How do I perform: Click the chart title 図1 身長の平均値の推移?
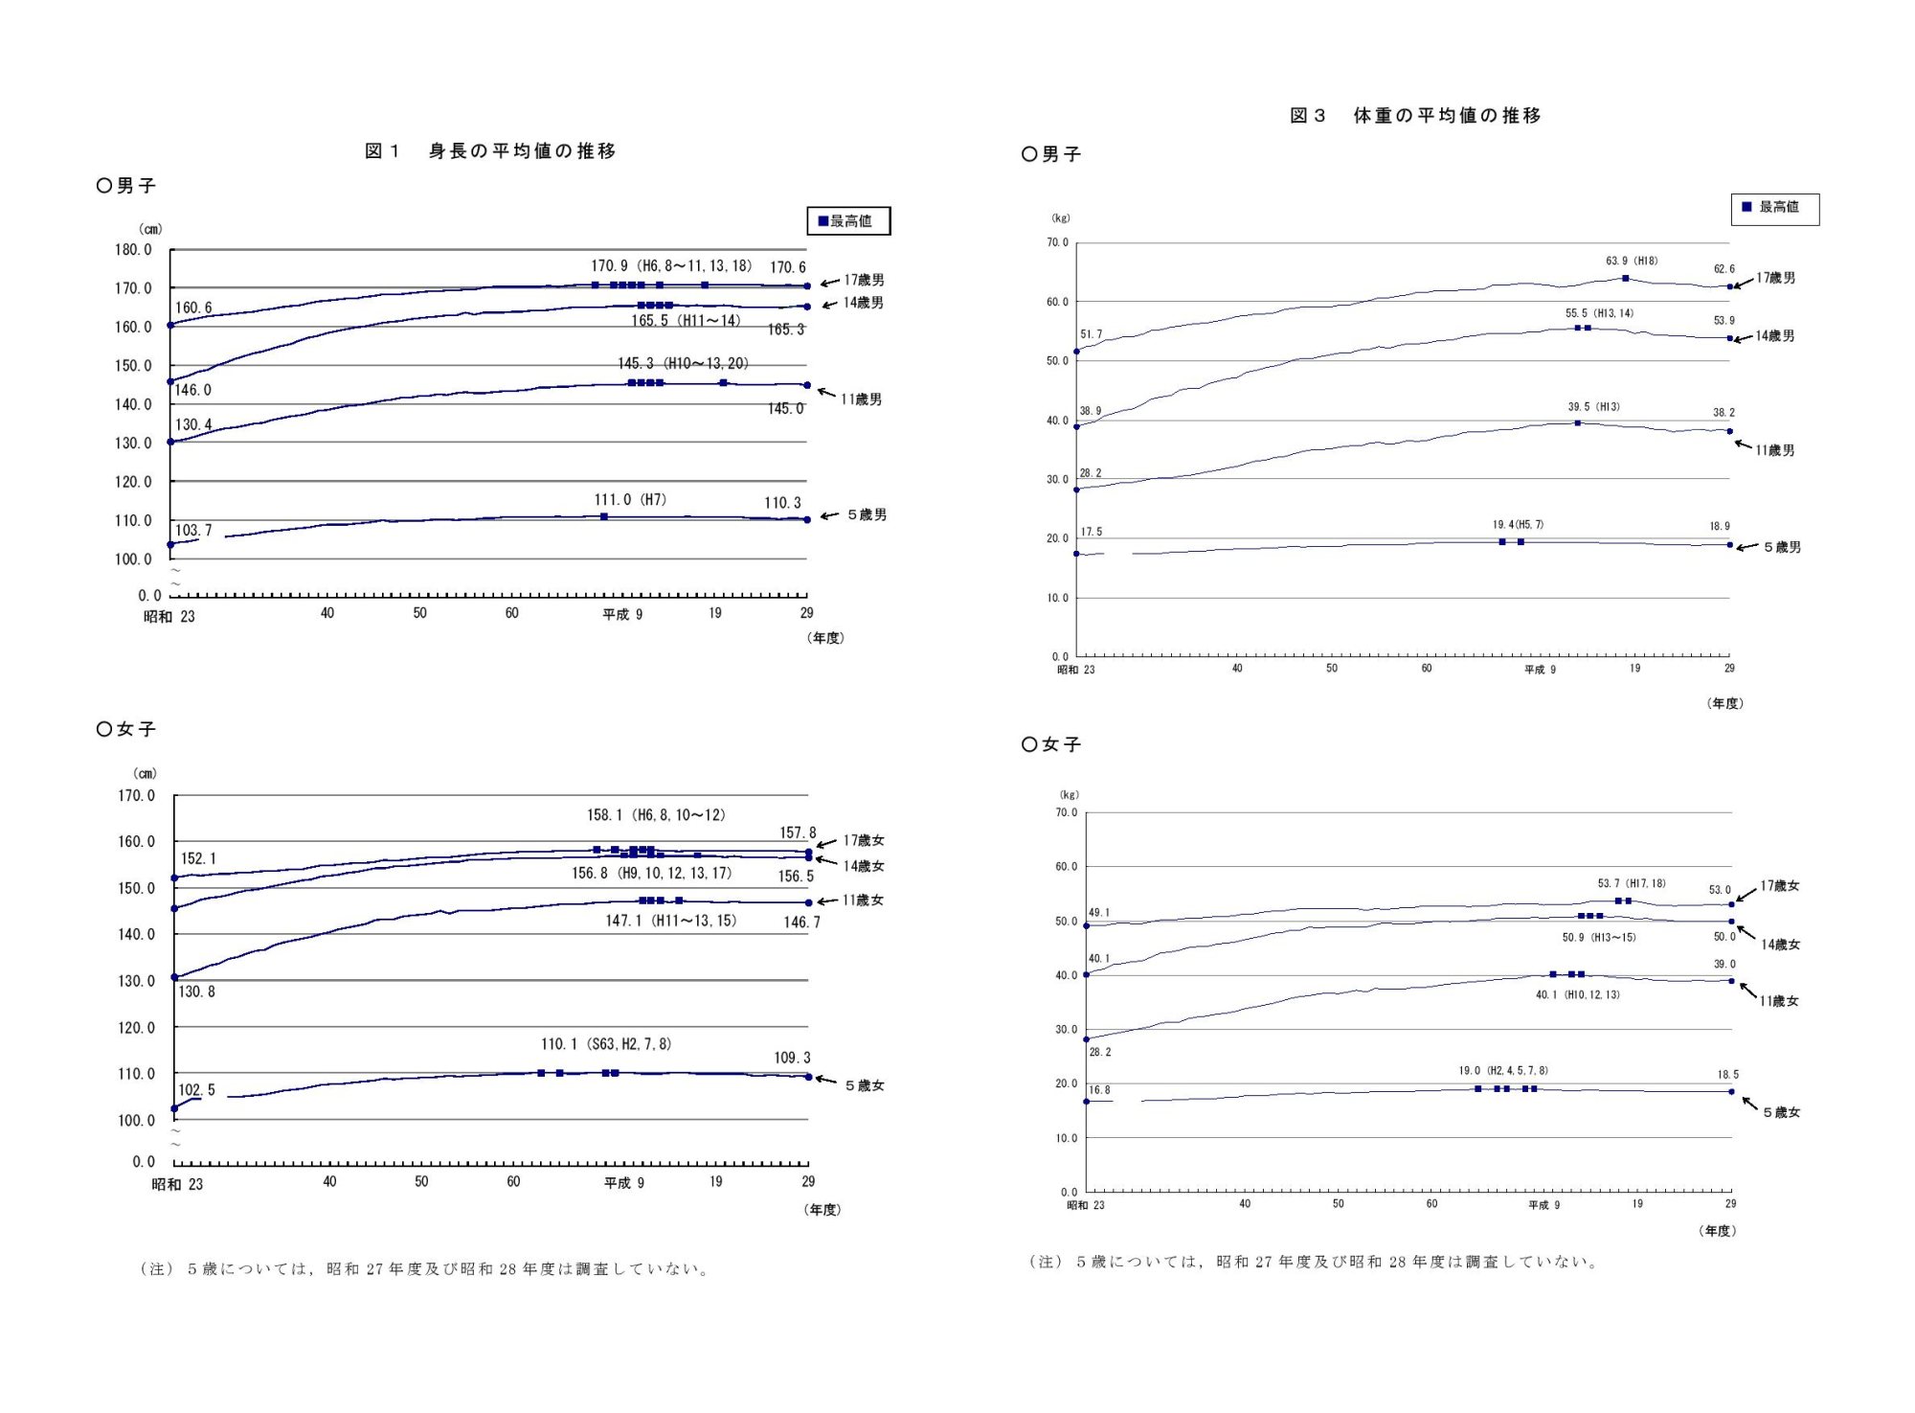pyautogui.click(x=490, y=151)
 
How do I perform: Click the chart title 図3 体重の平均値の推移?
pyautogui.click(x=1415, y=116)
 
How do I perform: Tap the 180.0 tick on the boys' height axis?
pyautogui.click(x=133, y=250)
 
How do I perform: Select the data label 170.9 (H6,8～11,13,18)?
pyautogui.click(x=671, y=266)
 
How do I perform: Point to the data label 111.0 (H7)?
pyautogui.click(x=630, y=500)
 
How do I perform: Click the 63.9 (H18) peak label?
pyautogui.click(x=1632, y=261)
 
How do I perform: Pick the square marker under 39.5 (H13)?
pyautogui.click(x=1578, y=422)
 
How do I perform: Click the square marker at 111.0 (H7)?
pyautogui.click(x=604, y=517)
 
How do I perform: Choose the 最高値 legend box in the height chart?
pyautogui.click(x=848, y=221)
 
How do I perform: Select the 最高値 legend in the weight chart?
pyautogui.click(x=1774, y=208)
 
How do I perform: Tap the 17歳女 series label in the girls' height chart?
pyautogui.click(x=864, y=840)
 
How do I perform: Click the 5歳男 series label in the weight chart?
pyautogui.click(x=1782, y=547)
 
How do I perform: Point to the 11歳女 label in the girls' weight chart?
pyautogui.click(x=1779, y=1001)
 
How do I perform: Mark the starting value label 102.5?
pyautogui.click(x=197, y=1090)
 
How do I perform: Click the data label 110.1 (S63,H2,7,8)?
pyautogui.click(x=606, y=1044)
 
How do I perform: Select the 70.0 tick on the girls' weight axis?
pyautogui.click(x=1066, y=812)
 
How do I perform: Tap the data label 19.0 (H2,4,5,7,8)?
pyautogui.click(x=1503, y=1070)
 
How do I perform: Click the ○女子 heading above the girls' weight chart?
pyautogui.click(x=1051, y=744)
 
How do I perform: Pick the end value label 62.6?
pyautogui.click(x=1723, y=269)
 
